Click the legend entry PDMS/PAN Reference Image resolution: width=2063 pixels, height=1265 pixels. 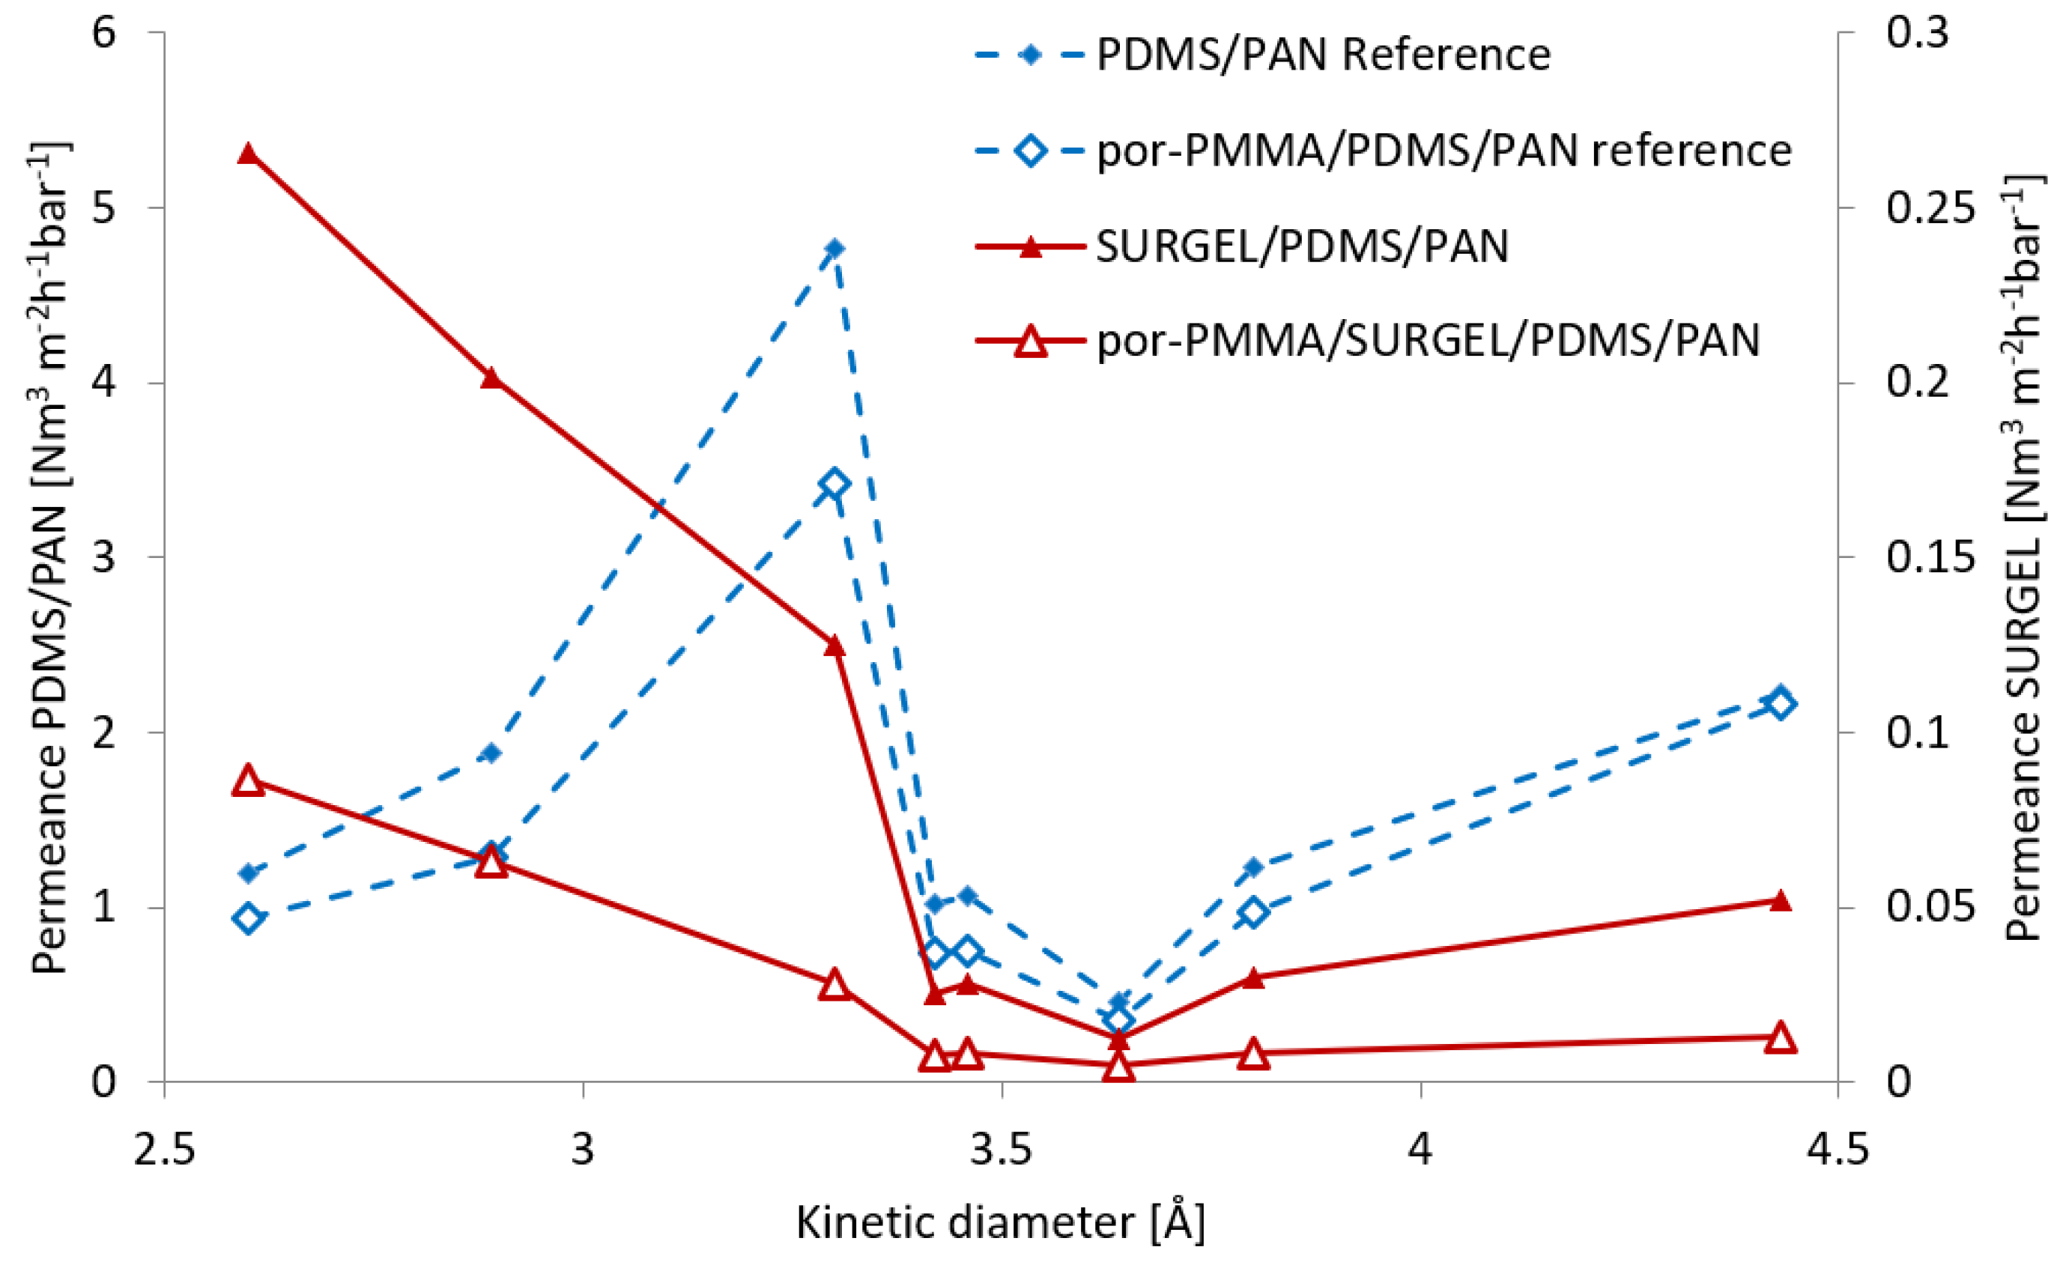pos(1323,55)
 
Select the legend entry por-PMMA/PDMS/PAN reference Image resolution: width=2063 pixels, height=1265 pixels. pos(1444,151)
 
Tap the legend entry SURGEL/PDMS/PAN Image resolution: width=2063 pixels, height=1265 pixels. pos(1302,246)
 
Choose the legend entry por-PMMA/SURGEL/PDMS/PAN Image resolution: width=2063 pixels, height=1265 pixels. pos(1428,341)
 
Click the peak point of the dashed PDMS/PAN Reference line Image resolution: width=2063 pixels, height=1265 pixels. pos(834,249)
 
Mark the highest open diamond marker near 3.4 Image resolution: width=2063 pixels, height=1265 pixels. pos(834,484)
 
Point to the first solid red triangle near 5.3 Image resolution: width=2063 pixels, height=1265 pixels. pos(248,154)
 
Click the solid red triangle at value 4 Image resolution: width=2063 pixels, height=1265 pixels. pos(491,377)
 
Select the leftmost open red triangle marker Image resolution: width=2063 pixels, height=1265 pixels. pos(248,780)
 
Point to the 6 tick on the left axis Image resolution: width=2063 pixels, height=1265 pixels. pos(104,34)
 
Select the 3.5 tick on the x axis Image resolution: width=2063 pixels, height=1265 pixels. pos(1001,1150)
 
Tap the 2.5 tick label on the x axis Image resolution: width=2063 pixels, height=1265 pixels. pos(164,1150)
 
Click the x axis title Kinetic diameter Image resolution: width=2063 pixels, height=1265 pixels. pos(1000,1223)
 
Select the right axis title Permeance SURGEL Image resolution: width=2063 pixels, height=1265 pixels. pos(2025,556)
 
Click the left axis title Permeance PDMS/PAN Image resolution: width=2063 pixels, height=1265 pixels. pos(50,556)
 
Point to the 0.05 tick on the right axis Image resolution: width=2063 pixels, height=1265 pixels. pos(1929,908)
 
